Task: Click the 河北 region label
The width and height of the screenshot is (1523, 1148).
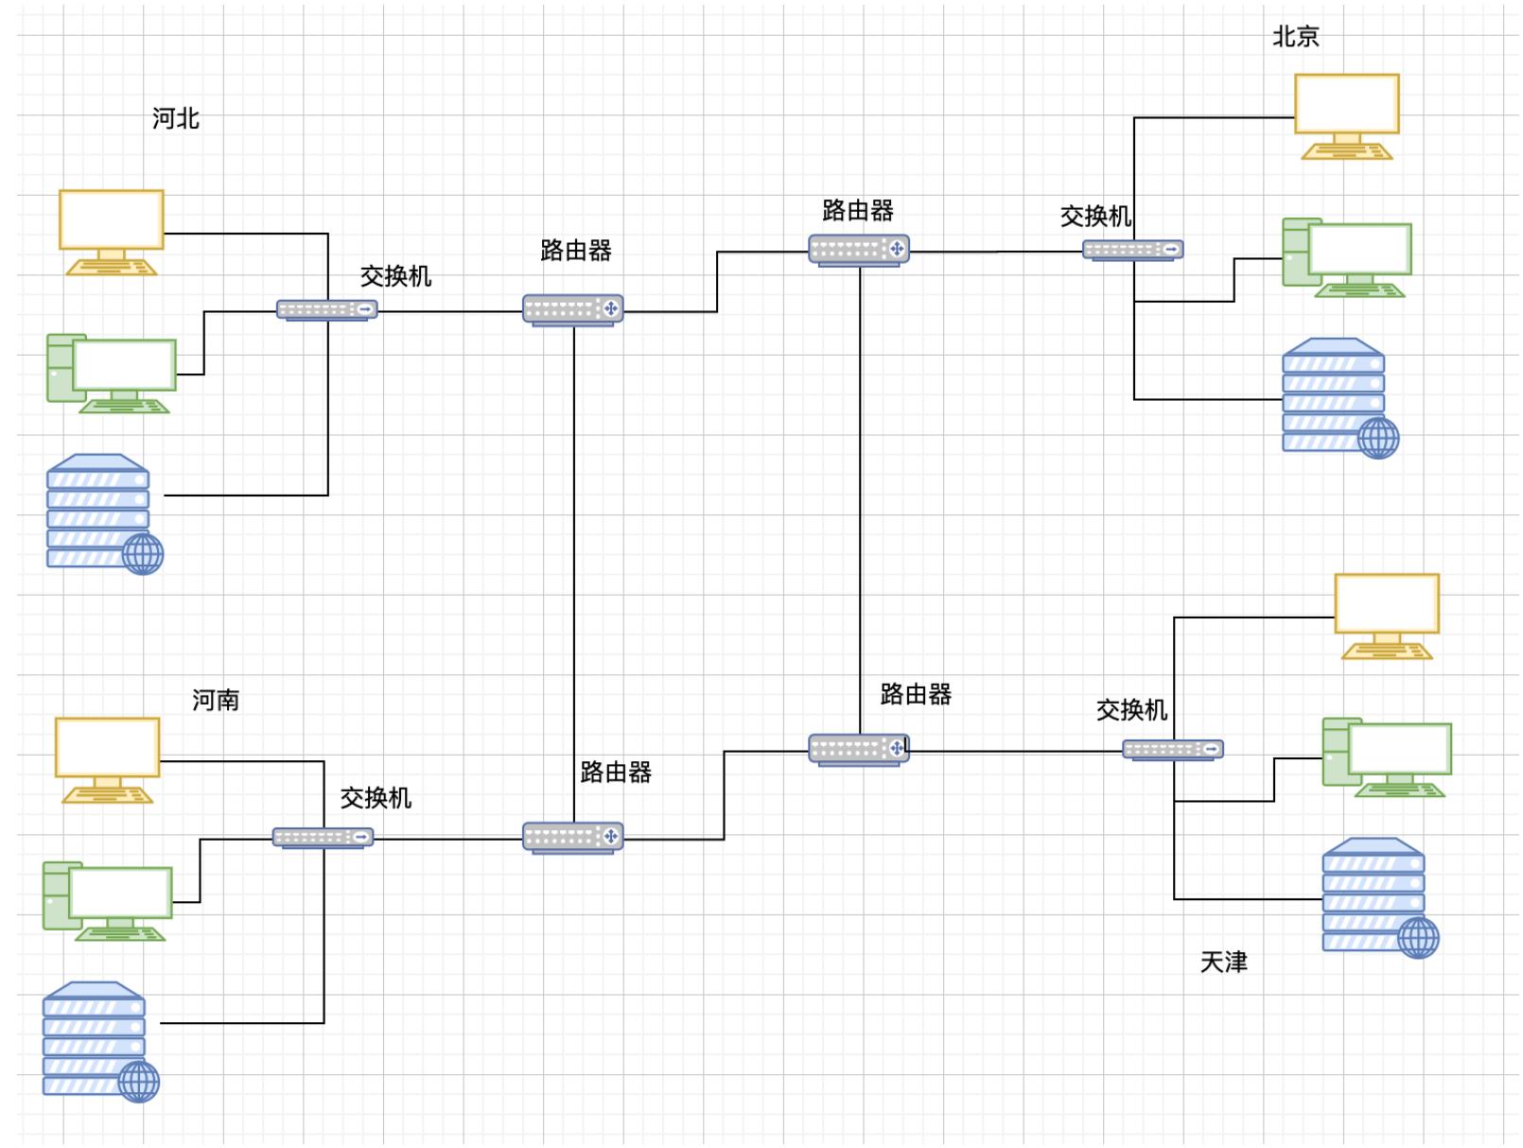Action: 176,118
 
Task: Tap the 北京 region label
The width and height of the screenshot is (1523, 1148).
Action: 1295,37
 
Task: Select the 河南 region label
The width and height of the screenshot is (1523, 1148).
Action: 216,700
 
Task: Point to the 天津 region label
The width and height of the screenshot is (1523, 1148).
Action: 1223,962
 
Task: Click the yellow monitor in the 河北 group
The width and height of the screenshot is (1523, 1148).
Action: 112,231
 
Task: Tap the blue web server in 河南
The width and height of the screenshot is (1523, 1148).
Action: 99,1040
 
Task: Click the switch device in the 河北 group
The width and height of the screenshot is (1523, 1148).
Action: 326,309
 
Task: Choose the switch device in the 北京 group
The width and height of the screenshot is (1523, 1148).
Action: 1132,250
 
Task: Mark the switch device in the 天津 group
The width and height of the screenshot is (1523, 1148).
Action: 1172,750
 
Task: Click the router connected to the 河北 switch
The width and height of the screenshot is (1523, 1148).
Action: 572,309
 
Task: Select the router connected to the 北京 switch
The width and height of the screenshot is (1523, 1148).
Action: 858,251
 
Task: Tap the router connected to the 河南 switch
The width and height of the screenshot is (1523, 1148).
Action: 572,837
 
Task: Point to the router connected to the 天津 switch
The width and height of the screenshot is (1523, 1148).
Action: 858,750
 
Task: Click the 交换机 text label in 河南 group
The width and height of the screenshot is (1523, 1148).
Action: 376,798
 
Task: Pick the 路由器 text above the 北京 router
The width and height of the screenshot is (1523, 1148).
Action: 857,211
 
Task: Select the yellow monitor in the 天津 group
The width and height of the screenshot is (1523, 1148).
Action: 1386,615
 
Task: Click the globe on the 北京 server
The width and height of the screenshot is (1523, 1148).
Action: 1377,438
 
